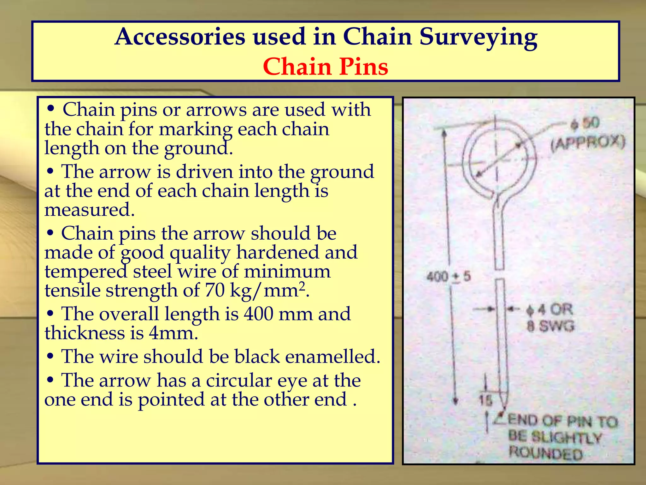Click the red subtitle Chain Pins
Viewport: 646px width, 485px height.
(325, 67)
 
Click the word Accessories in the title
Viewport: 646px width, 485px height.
(180, 37)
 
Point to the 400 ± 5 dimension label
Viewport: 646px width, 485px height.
(448, 277)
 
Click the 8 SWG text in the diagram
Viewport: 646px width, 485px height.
(550, 326)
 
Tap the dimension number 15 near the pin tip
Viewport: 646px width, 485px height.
(485, 400)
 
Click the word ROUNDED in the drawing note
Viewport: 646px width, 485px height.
(546, 453)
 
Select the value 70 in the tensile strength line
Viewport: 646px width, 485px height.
(214, 290)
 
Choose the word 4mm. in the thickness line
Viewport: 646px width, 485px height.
(173, 333)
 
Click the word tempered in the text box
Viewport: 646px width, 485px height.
(86, 272)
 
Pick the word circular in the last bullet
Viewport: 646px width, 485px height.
(239, 380)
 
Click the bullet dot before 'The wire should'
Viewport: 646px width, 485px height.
(50, 356)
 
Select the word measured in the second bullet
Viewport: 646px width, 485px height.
(90, 210)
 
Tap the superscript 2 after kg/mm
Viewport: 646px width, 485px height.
(302, 285)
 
